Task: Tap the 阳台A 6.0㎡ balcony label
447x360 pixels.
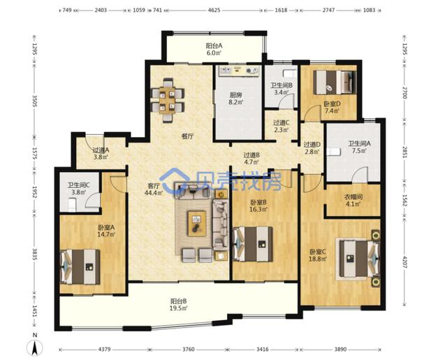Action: [x=214, y=49]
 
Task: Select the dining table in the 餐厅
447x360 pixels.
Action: [x=168, y=100]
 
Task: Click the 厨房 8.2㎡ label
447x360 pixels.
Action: [x=236, y=99]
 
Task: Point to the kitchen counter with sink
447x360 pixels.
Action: [x=239, y=71]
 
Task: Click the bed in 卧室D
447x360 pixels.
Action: [x=335, y=82]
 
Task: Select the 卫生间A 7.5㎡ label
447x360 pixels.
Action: [x=359, y=147]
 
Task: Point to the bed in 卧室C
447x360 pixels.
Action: [x=359, y=259]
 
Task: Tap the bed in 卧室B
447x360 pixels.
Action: [x=253, y=244]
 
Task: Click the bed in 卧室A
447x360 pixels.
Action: [x=80, y=267]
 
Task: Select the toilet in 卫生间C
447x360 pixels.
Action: [x=73, y=205]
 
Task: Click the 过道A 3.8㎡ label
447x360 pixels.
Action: [x=101, y=153]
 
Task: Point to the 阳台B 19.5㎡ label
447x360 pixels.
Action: [x=179, y=304]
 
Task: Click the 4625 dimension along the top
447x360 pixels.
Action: [x=214, y=10]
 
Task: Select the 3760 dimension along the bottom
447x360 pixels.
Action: [x=188, y=349]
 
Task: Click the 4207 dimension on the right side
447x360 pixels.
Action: [x=404, y=261]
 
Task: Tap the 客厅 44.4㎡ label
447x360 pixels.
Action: [x=154, y=189]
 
